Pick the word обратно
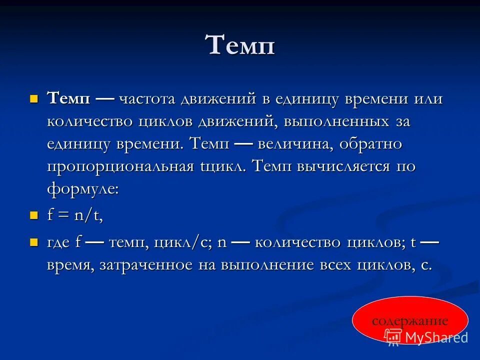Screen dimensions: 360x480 click(x=370, y=144)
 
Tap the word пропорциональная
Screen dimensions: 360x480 click(x=120, y=166)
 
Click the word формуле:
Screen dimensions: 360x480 click(x=83, y=189)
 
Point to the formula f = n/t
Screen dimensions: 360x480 click(x=75, y=215)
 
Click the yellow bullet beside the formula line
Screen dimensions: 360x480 click(x=34, y=215)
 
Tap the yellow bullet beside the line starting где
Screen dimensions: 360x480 click(x=34, y=242)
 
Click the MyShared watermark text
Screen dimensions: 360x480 click(x=436, y=337)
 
